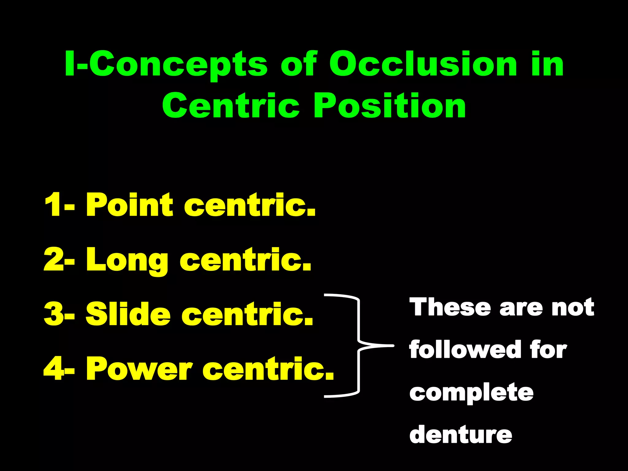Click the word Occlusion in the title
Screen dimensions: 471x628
(x=423, y=64)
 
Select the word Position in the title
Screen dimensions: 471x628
(x=389, y=106)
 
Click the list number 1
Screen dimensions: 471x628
(x=52, y=205)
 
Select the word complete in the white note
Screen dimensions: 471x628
(x=471, y=393)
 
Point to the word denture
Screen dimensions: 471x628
(x=461, y=435)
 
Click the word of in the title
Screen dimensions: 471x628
(x=297, y=64)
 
